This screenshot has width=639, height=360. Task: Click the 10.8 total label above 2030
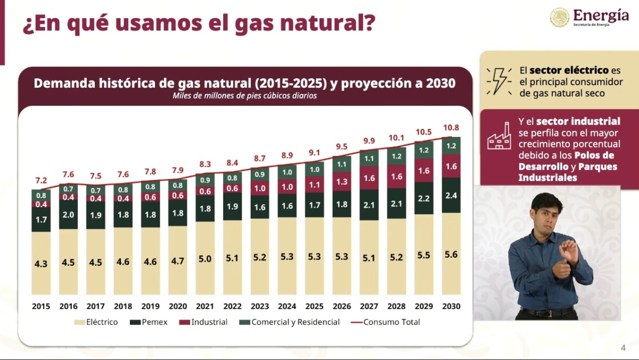click(x=451, y=128)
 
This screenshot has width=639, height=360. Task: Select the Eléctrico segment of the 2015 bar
click(x=41, y=263)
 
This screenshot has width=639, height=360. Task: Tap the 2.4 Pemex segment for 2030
click(x=451, y=195)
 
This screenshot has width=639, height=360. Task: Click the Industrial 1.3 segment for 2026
click(x=342, y=182)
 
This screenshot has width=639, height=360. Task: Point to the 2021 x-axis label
click(x=205, y=306)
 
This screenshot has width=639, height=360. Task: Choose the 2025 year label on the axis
click(x=314, y=306)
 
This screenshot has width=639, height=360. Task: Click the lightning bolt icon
click(x=499, y=81)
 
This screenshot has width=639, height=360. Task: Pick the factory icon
click(x=499, y=137)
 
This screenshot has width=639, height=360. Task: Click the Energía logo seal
click(x=560, y=17)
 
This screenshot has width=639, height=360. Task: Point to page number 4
click(x=623, y=348)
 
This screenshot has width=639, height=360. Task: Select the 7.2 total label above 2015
click(x=41, y=180)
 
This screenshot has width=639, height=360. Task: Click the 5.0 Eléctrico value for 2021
click(x=205, y=259)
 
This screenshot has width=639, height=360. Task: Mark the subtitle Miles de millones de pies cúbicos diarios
click(x=244, y=96)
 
